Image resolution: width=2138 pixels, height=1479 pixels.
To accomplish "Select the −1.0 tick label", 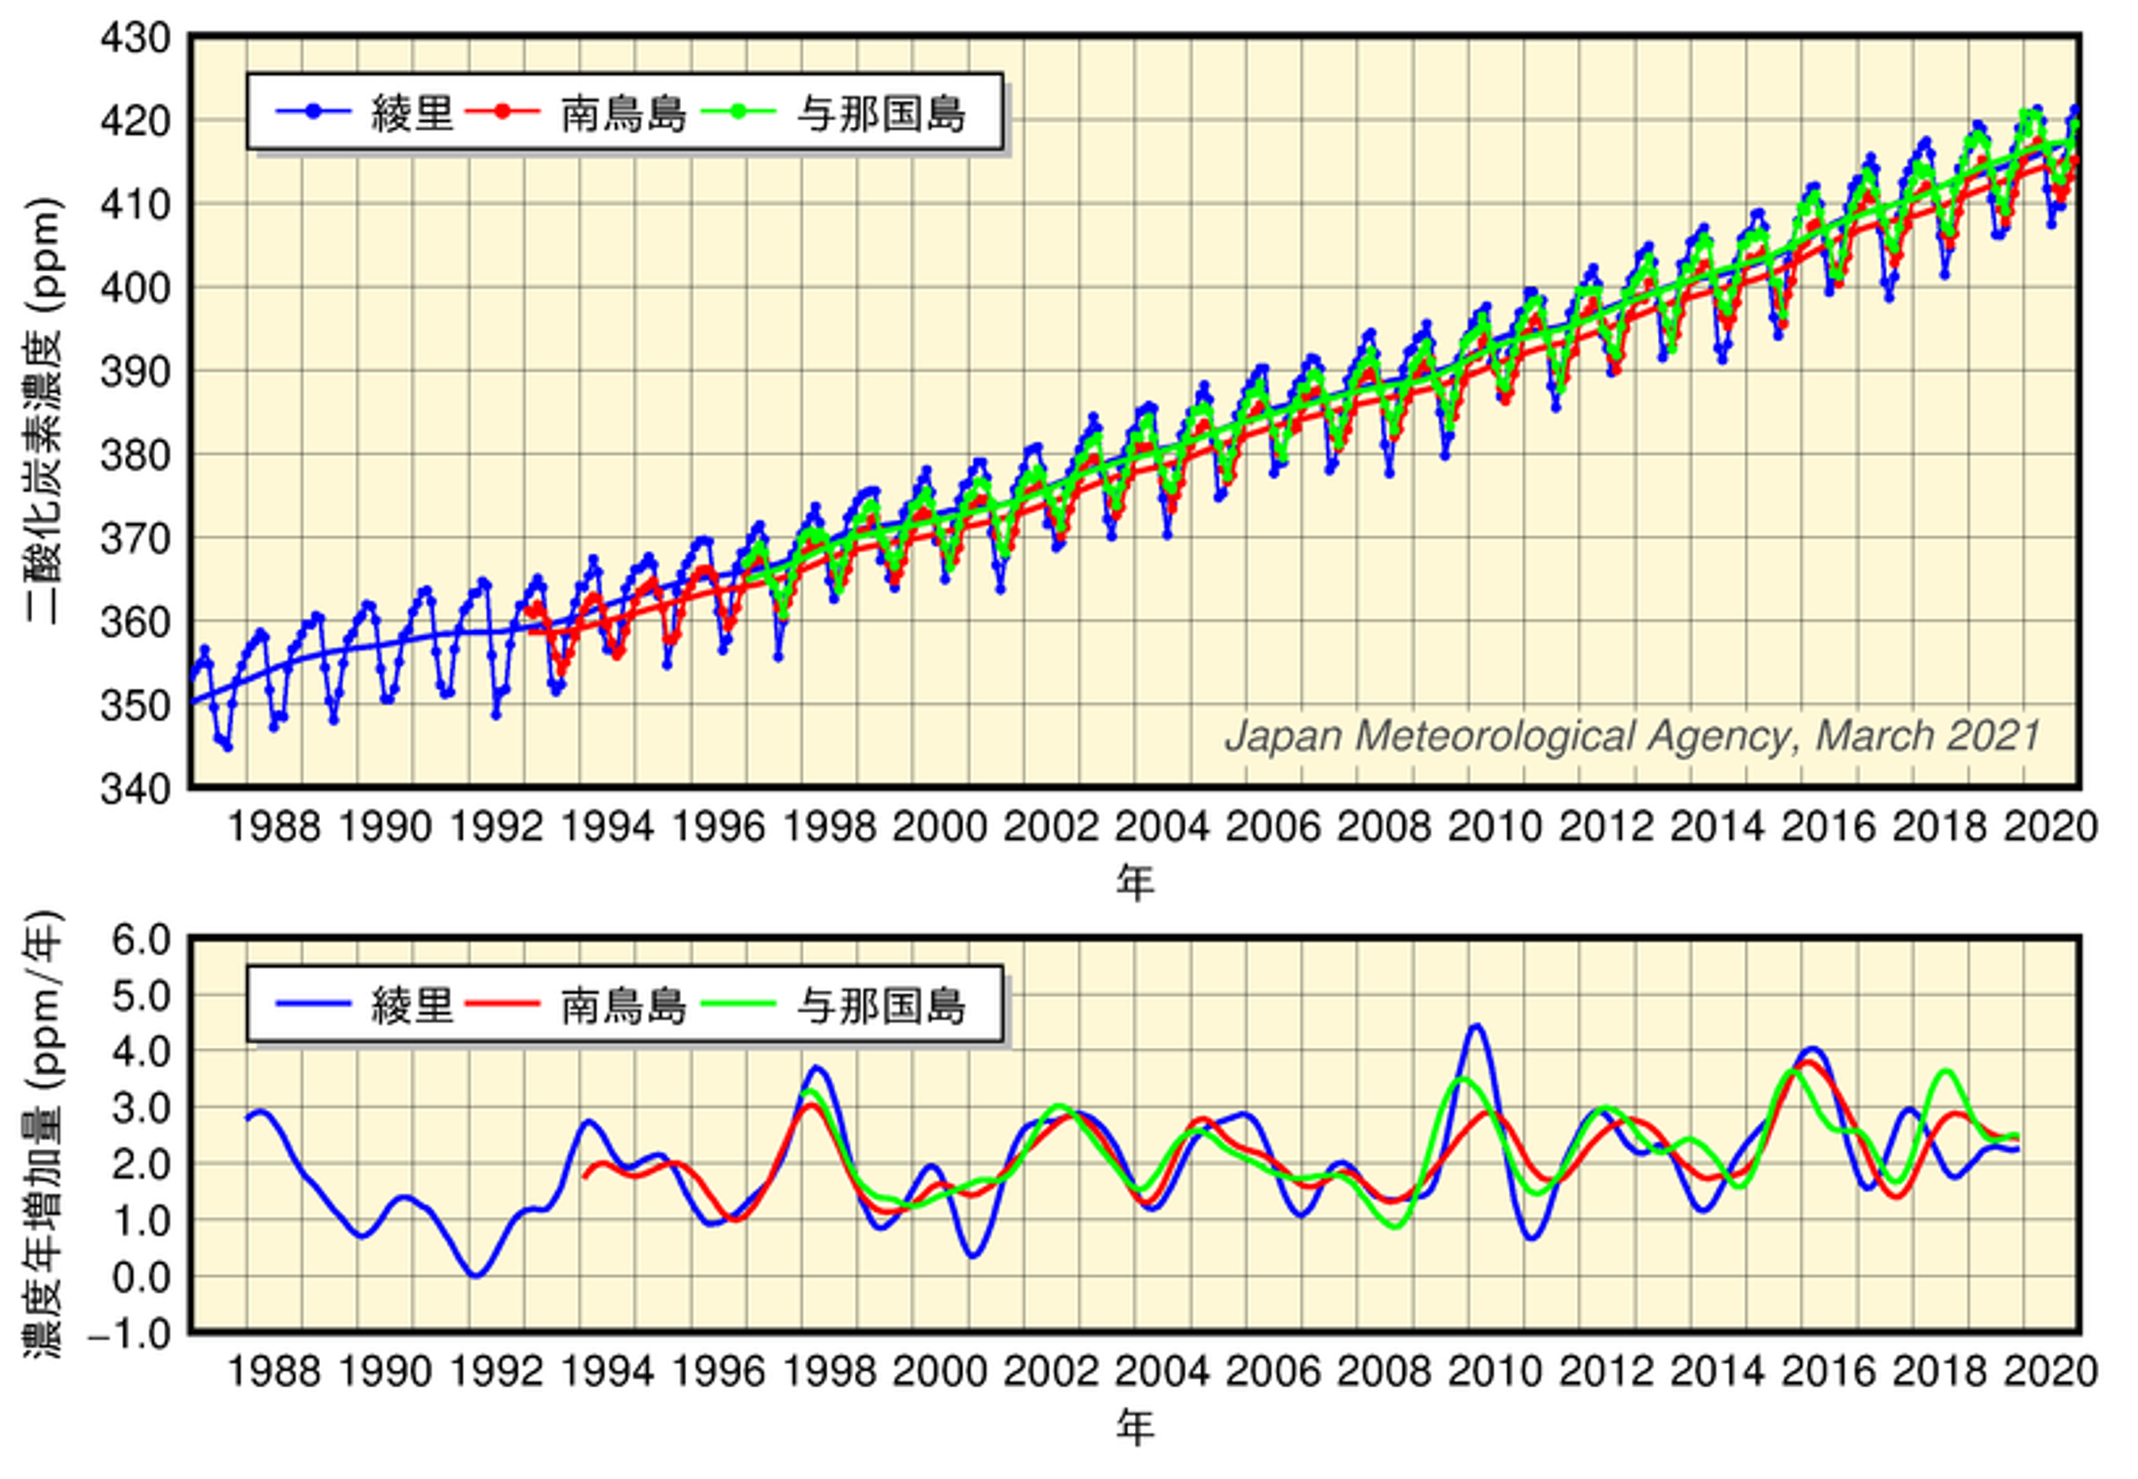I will click(129, 1334).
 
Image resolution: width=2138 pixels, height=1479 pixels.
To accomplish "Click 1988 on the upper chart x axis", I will click(273, 827).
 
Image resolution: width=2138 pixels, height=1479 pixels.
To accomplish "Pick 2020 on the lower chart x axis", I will click(2050, 1372).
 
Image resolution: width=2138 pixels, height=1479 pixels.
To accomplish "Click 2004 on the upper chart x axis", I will click(1161, 827).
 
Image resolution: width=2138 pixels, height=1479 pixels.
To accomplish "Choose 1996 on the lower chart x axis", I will click(717, 1372).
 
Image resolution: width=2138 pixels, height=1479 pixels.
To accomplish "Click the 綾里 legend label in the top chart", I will click(412, 113).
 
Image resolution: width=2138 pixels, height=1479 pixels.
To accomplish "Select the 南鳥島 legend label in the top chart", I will click(623, 113).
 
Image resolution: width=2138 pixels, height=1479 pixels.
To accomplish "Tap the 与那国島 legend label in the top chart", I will click(880, 113).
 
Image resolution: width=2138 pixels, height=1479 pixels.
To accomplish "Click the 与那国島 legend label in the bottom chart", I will click(880, 1006).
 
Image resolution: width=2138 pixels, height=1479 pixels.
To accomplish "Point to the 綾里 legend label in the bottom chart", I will click(412, 1006).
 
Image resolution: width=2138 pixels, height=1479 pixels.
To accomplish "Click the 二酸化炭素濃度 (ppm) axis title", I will click(43, 410).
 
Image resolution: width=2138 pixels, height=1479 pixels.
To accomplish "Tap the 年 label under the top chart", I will click(1135, 882).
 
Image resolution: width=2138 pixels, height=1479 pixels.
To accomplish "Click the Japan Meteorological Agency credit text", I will click(1632, 736).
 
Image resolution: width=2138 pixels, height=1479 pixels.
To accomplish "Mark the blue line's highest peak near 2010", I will click(1475, 1025).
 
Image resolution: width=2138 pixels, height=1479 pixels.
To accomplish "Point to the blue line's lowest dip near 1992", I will click(475, 1275).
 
